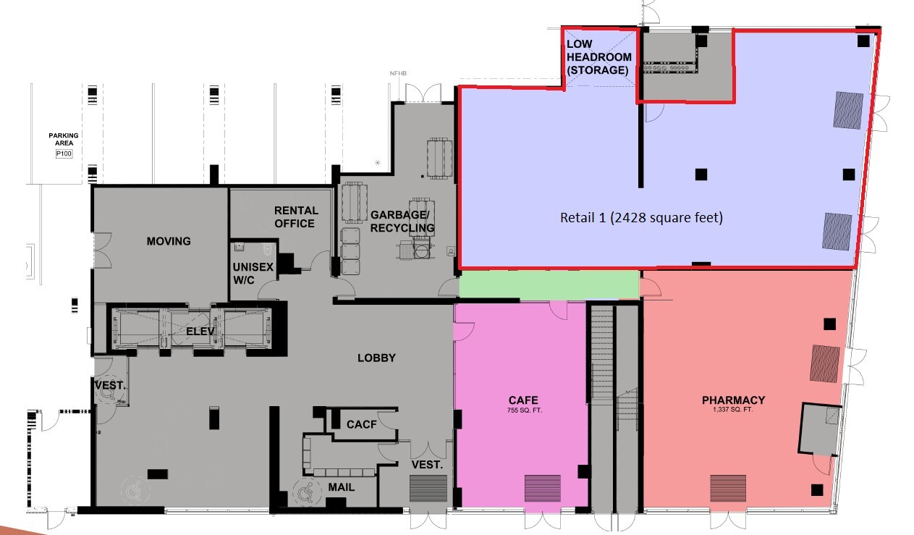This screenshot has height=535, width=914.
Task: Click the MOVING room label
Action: click(168, 241)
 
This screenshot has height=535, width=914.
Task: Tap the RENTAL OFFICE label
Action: click(295, 216)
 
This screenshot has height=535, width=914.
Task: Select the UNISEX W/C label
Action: click(253, 273)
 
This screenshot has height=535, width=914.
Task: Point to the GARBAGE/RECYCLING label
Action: click(402, 222)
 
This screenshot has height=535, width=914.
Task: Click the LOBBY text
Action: click(376, 358)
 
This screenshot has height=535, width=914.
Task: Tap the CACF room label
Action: click(361, 424)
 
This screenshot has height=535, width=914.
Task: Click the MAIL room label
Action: click(341, 487)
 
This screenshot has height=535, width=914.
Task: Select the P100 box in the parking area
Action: click(64, 154)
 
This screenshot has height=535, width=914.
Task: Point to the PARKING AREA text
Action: click(64, 139)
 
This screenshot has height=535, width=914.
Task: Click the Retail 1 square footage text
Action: click(641, 217)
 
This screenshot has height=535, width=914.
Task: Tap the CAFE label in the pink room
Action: click(522, 400)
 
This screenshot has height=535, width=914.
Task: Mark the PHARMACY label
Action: click(733, 400)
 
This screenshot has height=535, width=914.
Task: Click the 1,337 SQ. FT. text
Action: click(733, 410)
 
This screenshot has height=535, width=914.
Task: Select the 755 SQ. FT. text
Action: click(522, 410)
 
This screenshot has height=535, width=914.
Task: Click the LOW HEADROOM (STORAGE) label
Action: click(598, 56)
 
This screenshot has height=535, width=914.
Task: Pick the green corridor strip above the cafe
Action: click(549, 284)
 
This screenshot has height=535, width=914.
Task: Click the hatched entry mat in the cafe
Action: click(542, 488)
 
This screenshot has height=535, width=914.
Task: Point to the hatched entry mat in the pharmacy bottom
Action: click(727, 488)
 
